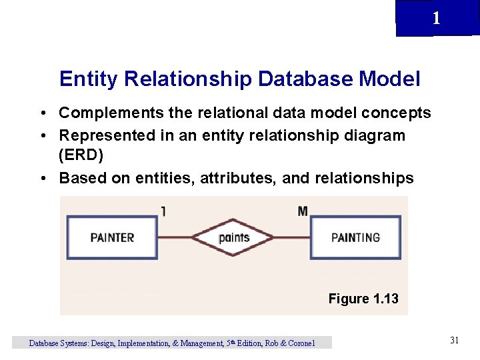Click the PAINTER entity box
tap(112, 237)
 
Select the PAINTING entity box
tap(356, 237)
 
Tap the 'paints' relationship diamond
tap(234, 237)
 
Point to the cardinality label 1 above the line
tap(163, 211)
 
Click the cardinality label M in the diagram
tap(303, 211)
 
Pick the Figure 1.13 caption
tap(363, 299)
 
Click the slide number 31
tap(454, 341)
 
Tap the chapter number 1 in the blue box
tap(436, 19)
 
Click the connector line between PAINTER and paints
tap(175, 237)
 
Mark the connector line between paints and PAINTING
tap(293, 237)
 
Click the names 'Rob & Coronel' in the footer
tap(289, 343)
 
